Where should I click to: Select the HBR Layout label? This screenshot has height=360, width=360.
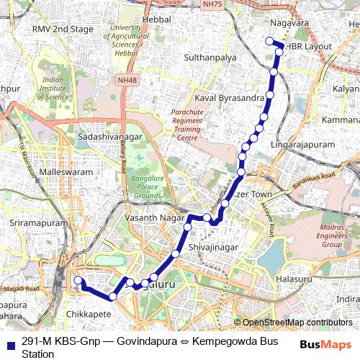[309, 46]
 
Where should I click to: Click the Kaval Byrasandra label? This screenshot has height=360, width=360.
[228, 96]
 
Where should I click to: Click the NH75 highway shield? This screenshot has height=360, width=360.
[211, 4]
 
